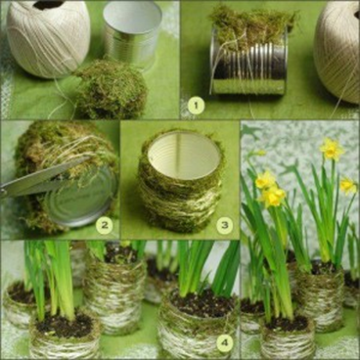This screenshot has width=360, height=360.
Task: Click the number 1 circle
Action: tap(196, 105)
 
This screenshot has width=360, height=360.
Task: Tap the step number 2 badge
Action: tap(103, 224)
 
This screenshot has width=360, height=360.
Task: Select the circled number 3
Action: tap(223, 224)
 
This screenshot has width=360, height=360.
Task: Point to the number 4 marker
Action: tap(223, 342)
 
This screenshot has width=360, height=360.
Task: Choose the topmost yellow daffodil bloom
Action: tap(332, 150)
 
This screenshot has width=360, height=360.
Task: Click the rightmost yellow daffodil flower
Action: tap(347, 185)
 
